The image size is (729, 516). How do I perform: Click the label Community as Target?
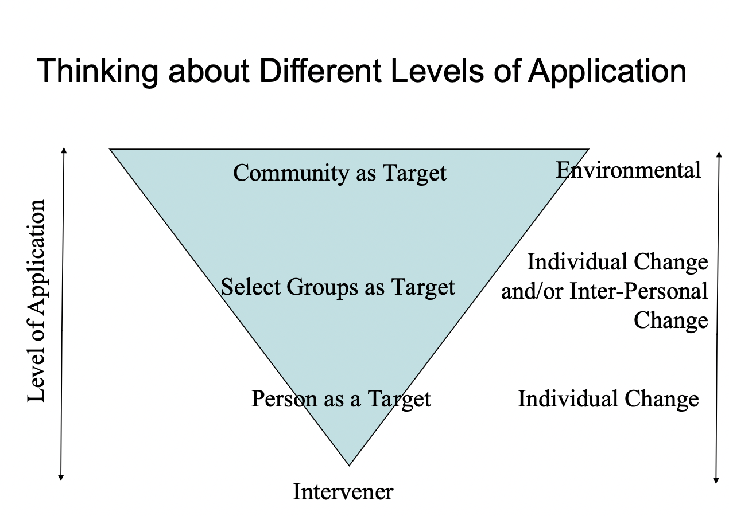coord(340,173)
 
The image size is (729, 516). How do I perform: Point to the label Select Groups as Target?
coord(338,287)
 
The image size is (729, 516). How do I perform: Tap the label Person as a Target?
coord(341,398)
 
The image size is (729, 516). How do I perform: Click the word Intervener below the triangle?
coord(343,491)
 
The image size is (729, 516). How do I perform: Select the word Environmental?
coord(629,170)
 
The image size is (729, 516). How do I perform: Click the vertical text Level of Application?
coord(36,301)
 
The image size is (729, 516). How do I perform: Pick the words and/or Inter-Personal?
coord(604,291)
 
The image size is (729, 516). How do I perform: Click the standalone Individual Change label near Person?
coord(608,398)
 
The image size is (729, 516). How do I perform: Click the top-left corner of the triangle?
coord(111,150)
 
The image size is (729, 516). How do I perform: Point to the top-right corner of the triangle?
coord(588,150)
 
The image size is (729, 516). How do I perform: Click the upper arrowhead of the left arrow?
coord(64,150)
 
